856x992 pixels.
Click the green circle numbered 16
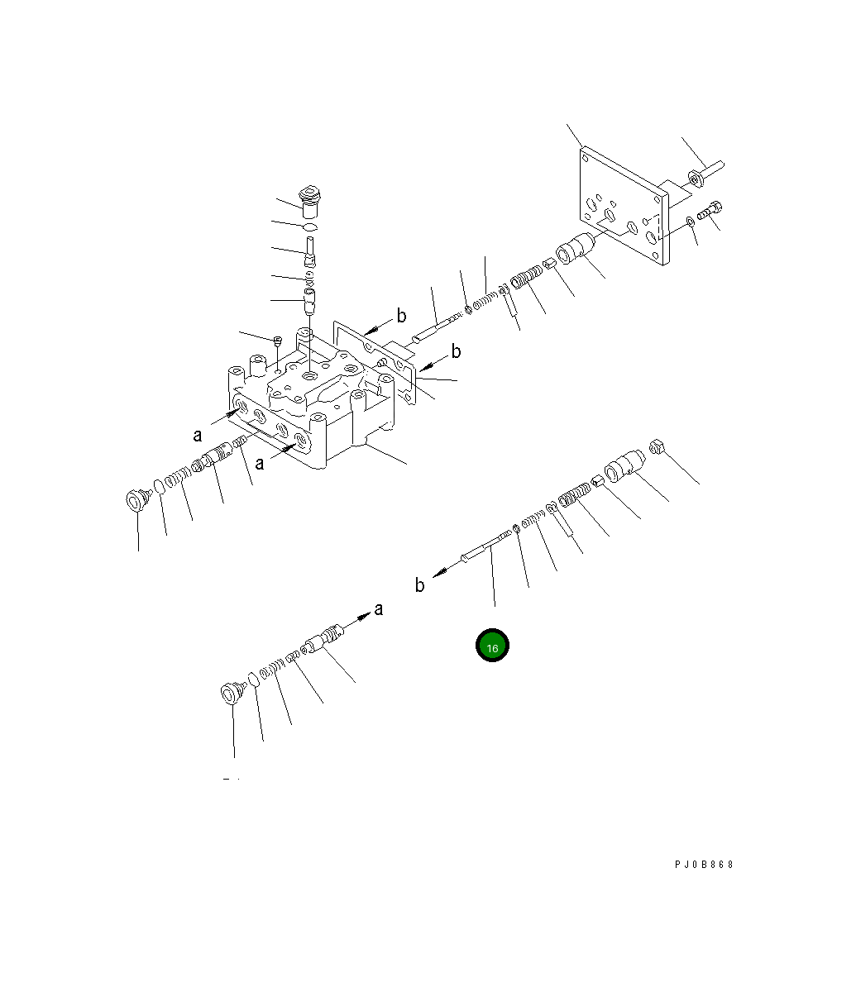[x=492, y=646]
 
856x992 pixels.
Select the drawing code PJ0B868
[x=704, y=865]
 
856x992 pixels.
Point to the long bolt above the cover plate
[x=705, y=172]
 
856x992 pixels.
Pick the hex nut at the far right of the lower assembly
[x=659, y=447]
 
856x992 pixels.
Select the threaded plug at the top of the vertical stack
[x=313, y=201]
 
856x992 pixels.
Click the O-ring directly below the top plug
[x=309, y=227]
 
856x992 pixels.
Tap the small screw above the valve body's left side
[x=278, y=339]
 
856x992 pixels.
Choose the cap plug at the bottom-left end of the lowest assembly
[x=230, y=692]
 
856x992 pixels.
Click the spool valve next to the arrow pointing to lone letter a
[x=323, y=639]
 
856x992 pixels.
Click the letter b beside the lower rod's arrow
[x=420, y=585]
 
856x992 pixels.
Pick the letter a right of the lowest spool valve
[x=379, y=609]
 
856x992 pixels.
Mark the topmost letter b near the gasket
[x=401, y=315]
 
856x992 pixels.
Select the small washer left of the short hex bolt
[x=689, y=222]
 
